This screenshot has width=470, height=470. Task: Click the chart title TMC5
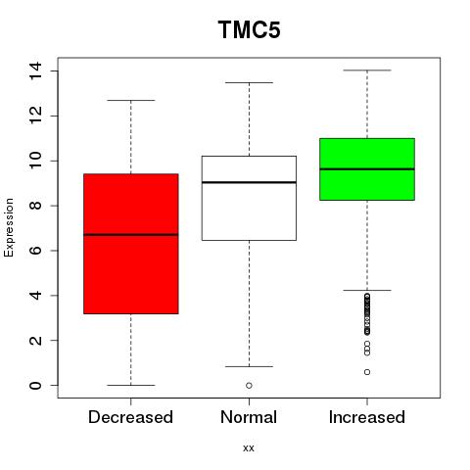click(250, 29)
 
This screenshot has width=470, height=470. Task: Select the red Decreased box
click(131, 244)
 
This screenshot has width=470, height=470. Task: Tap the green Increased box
click(367, 169)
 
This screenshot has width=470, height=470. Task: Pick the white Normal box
click(249, 198)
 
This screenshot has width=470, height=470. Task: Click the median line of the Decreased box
click(131, 234)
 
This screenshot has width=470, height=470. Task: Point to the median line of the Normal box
click(249, 182)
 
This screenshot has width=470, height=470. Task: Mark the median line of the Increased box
click(367, 169)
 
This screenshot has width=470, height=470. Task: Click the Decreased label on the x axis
click(130, 417)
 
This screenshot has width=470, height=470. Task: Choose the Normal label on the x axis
click(249, 417)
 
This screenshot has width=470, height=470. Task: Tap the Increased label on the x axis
click(367, 417)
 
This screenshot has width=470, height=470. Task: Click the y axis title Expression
click(9, 227)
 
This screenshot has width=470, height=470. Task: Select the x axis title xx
click(249, 448)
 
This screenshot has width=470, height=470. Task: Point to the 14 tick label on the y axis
click(35, 70)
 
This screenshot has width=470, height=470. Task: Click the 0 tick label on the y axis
click(35, 385)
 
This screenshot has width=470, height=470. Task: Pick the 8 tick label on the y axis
click(35, 206)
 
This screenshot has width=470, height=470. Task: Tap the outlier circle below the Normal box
click(249, 386)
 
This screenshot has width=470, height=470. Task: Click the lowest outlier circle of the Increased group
click(367, 372)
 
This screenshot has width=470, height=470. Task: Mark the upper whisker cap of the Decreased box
click(131, 100)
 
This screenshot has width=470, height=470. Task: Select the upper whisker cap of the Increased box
click(367, 70)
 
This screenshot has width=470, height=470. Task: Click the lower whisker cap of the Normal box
click(249, 366)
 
